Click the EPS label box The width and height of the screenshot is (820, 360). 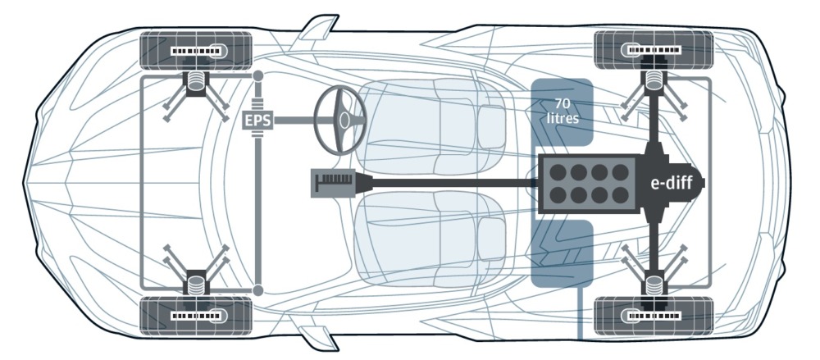pyautogui.click(x=258, y=121)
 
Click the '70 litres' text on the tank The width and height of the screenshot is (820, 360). pyautogui.click(x=563, y=111)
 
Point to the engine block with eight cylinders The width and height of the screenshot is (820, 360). pyautogui.click(x=589, y=184)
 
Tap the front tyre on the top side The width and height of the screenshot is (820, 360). pyautogui.click(x=196, y=51)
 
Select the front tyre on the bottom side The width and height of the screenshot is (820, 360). pyautogui.click(x=196, y=316)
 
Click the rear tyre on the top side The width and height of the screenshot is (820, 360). pyautogui.click(x=654, y=50)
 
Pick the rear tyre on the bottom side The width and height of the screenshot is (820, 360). pyautogui.click(x=654, y=316)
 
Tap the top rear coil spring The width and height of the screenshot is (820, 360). pyautogui.click(x=654, y=80)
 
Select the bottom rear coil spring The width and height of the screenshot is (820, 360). pyautogui.click(x=654, y=287)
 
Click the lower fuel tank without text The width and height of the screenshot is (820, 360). pyautogui.click(x=563, y=253)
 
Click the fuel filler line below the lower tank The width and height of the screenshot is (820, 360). pyautogui.click(x=580, y=313)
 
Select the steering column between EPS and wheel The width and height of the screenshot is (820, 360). pyautogui.click(x=294, y=121)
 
